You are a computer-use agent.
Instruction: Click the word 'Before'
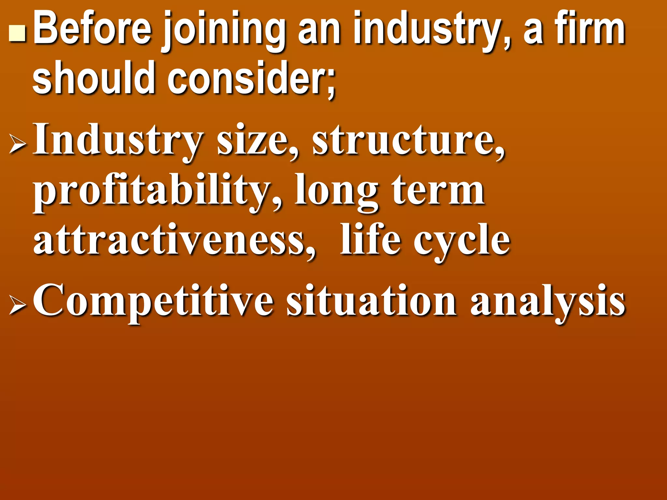[x=92, y=29]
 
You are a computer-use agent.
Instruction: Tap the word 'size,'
[x=257, y=141]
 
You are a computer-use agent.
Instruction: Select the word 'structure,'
[x=409, y=141]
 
